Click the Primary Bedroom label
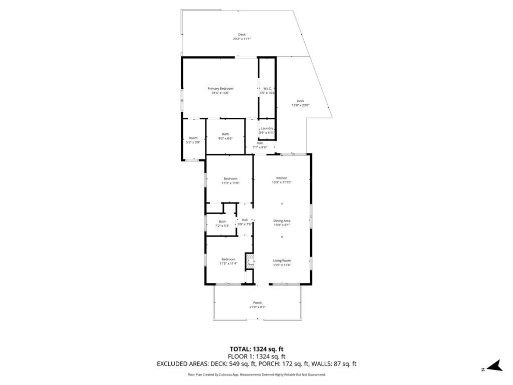click(x=220, y=89)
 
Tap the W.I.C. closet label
click(x=268, y=89)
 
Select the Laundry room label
click(x=267, y=128)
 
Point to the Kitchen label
click(x=282, y=178)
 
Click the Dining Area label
click(x=282, y=221)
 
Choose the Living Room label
click(x=282, y=261)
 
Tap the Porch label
click(x=258, y=303)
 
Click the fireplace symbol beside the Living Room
click(x=249, y=261)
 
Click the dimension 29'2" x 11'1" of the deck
click(x=242, y=39)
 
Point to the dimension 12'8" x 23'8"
click(x=301, y=105)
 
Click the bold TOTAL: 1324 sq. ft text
click(x=256, y=349)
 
